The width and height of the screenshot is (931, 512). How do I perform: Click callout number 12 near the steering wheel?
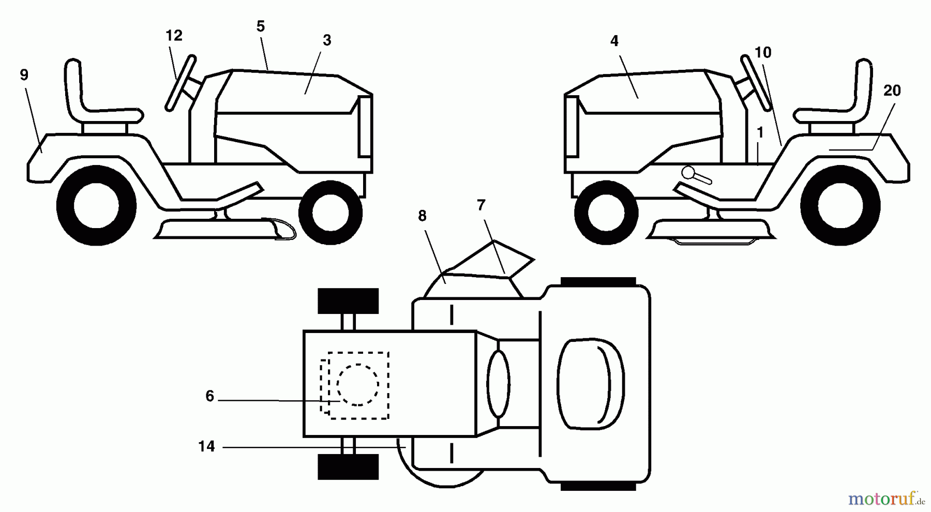[x=174, y=36]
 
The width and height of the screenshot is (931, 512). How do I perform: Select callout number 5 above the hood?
[x=261, y=26]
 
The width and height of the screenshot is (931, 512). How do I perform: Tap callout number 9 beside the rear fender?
[x=24, y=75]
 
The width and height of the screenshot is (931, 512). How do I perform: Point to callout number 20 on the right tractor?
[x=892, y=91]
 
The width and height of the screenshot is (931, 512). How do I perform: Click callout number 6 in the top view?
[x=209, y=396]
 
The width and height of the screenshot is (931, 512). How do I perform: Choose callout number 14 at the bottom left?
[x=206, y=446]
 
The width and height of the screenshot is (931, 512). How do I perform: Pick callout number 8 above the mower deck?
[x=422, y=216]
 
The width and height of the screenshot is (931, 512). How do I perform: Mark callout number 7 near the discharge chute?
[x=481, y=205]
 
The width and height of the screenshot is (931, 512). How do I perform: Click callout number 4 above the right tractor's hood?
[x=614, y=41]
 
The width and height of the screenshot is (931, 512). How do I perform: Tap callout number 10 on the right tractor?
[x=763, y=52]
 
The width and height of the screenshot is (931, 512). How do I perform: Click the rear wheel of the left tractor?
[x=97, y=206]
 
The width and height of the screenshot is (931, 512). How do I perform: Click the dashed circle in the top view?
[x=357, y=385]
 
